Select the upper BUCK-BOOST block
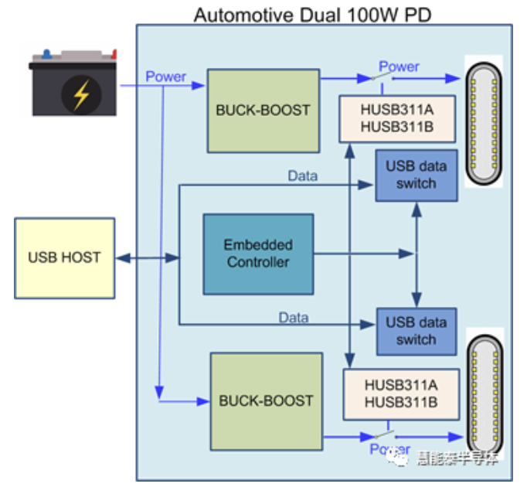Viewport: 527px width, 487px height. click(x=263, y=110)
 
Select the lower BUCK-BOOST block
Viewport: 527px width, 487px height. click(x=267, y=400)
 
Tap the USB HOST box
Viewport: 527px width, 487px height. click(x=64, y=257)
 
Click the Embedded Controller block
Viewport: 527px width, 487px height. click(x=258, y=254)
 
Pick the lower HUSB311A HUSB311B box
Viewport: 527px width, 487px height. click(x=400, y=394)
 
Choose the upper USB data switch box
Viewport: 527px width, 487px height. click(x=416, y=175)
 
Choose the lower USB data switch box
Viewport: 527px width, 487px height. click(x=416, y=331)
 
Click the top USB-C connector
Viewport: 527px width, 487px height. click(x=484, y=121)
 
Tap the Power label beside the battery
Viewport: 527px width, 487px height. click(x=166, y=77)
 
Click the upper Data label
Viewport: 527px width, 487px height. click(x=302, y=175)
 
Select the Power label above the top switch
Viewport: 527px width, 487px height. click(x=399, y=66)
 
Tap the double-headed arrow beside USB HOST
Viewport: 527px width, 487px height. click(x=147, y=257)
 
